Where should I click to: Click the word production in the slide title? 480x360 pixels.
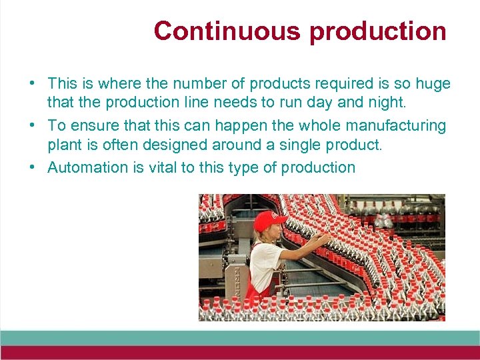[x=377, y=31]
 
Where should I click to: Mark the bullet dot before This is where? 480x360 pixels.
[x=32, y=85]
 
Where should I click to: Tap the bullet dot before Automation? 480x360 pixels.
[x=32, y=168]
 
